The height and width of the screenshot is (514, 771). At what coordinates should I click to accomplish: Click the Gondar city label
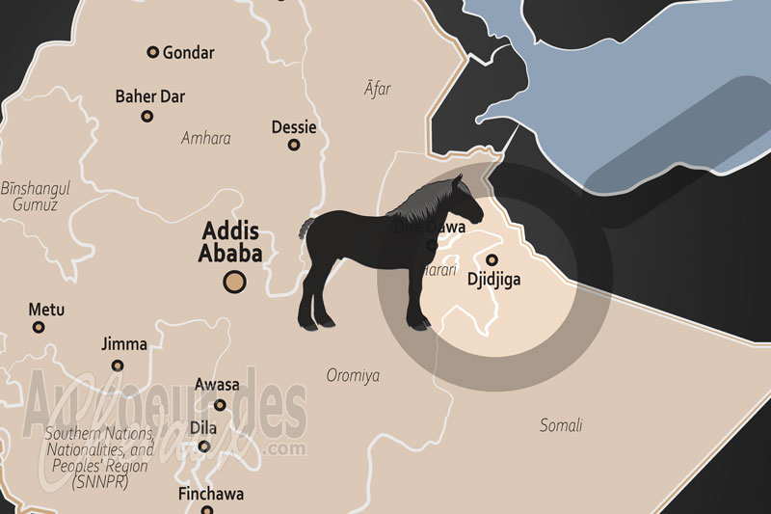189,52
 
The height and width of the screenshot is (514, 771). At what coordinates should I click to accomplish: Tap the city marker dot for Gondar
152,52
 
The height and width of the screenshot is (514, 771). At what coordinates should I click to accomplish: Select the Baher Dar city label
149,96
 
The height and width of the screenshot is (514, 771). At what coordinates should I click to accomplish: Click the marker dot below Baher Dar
147,116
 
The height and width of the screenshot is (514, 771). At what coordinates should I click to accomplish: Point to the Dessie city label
294,127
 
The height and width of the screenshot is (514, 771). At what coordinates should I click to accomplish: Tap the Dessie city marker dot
294,146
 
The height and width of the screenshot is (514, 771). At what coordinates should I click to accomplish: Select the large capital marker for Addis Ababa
234,282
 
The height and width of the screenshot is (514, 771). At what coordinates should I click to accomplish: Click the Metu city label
46,310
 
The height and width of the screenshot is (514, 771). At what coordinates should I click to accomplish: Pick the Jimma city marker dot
118,365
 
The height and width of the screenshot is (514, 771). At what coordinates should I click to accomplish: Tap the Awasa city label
217,385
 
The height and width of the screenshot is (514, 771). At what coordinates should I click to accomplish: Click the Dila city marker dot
204,446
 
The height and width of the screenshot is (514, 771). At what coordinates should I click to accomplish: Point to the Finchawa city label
211,495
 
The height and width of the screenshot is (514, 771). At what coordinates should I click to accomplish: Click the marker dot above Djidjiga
492,259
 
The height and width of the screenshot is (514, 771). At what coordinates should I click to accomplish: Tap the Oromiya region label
353,375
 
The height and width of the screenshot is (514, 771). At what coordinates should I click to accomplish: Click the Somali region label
560,424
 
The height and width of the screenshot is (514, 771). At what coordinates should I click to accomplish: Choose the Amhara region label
205,138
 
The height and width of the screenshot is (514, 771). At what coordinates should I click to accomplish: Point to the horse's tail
305,230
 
